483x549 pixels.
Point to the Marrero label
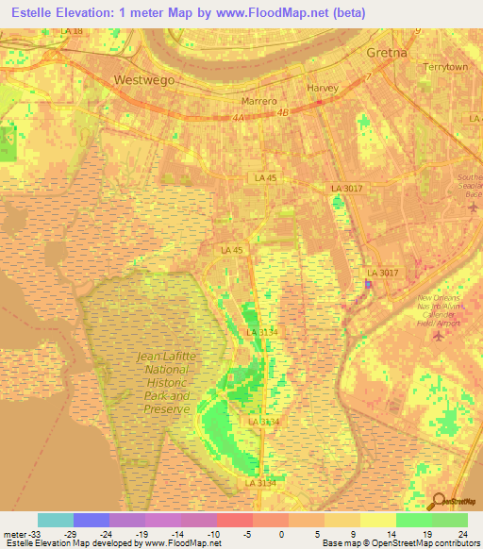258,100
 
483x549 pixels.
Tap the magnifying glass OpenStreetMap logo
436,501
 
